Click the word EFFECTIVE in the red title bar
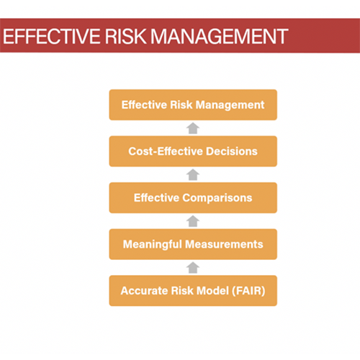(50, 36)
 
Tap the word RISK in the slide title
(127, 36)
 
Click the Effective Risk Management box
(193, 105)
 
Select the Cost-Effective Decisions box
(193, 152)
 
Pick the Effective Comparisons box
(193, 198)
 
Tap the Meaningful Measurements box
(193, 244)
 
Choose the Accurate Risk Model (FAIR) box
(193, 291)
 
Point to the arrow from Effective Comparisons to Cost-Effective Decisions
(193, 175)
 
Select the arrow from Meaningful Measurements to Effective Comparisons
(193, 221)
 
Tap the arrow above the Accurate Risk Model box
(193, 268)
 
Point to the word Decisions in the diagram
(232, 152)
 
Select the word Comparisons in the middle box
(217, 198)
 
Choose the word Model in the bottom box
(210, 291)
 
